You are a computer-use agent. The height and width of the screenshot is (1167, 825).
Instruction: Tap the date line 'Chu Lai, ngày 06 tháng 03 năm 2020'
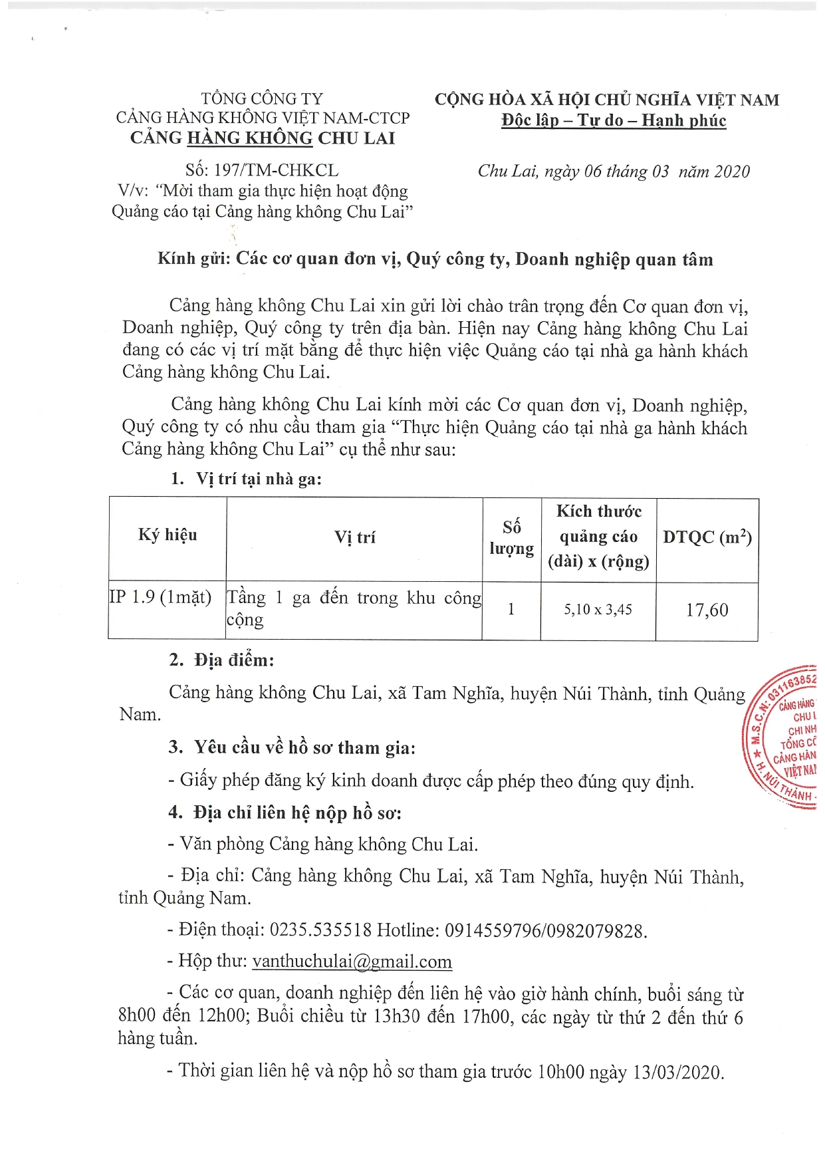pyautogui.click(x=613, y=172)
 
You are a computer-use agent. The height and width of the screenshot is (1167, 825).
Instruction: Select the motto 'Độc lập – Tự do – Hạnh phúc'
pyautogui.click(x=613, y=120)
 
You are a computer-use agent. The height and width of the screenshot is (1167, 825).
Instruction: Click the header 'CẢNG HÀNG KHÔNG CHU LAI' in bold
pyautogui.click(x=263, y=138)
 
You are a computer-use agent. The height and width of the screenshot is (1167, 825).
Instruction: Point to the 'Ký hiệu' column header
pyautogui.click(x=168, y=535)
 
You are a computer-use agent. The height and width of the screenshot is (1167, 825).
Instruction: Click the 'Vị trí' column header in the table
pyautogui.click(x=354, y=537)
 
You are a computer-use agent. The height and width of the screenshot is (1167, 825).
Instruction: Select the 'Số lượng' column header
pyautogui.click(x=511, y=537)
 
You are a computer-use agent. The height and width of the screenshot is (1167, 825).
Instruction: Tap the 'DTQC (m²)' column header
pyautogui.click(x=707, y=537)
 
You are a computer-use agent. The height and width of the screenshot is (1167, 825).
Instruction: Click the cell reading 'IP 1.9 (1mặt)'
pyautogui.click(x=161, y=597)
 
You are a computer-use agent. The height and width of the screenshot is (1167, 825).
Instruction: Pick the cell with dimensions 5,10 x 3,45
pyautogui.click(x=598, y=609)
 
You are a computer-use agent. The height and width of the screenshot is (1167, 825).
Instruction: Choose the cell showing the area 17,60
pyautogui.click(x=707, y=610)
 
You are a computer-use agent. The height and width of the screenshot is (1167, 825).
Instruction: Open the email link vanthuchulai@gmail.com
pyautogui.click(x=352, y=962)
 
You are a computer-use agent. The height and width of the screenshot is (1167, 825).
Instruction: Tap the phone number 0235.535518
pyautogui.click(x=320, y=930)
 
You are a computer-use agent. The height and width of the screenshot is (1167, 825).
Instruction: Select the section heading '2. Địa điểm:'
pyautogui.click(x=221, y=660)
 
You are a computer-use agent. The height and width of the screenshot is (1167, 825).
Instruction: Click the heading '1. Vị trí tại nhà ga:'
pyautogui.click(x=246, y=479)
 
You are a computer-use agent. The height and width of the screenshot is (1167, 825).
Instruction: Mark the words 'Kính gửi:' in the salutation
pyautogui.click(x=193, y=259)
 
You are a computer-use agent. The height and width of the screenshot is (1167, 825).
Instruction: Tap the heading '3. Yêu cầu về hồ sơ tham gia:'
pyautogui.click(x=292, y=747)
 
